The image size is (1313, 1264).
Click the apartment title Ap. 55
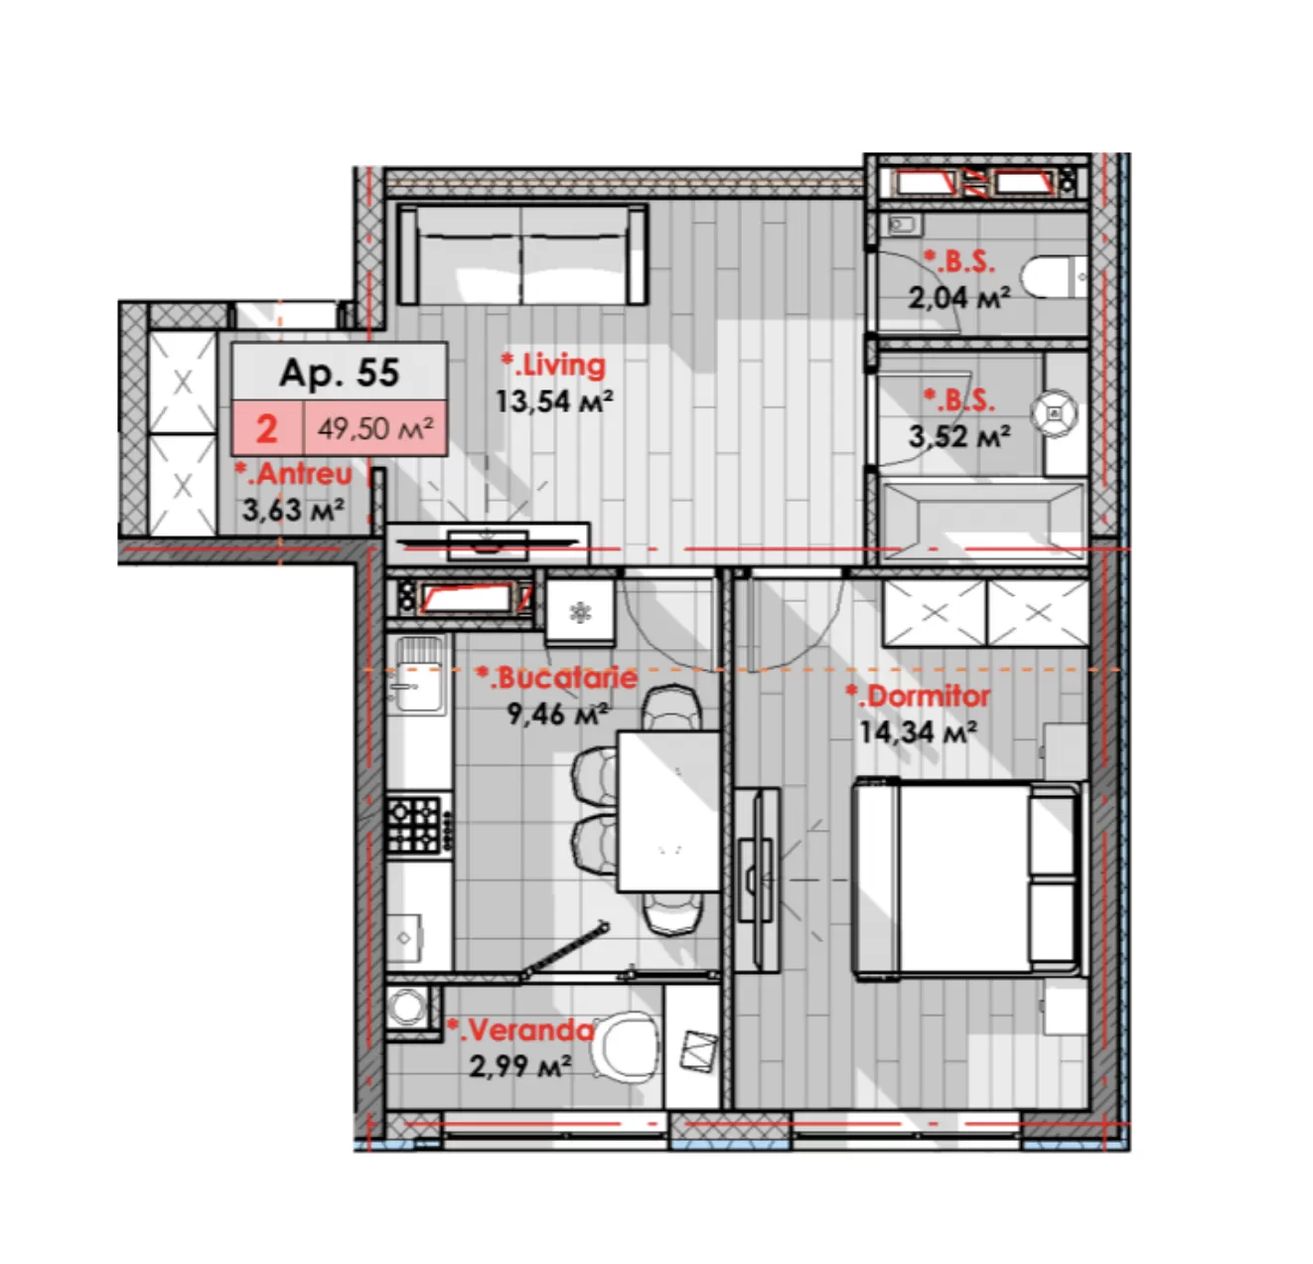click(340, 372)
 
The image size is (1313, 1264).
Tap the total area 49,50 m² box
click(375, 428)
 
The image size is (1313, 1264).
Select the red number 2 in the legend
click(267, 428)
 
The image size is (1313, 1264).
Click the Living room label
click(553, 365)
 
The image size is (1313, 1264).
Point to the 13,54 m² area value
click(554, 401)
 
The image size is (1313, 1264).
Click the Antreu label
click(294, 473)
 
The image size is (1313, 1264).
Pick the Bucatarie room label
click(556, 678)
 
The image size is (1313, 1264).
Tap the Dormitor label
click(918, 697)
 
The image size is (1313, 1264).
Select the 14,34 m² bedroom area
click(919, 731)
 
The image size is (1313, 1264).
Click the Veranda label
click(520, 1030)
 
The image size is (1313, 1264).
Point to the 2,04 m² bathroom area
click(958, 297)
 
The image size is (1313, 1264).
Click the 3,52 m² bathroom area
click(958, 436)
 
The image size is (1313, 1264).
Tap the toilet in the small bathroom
click(1053, 276)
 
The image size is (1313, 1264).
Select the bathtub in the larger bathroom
click(983, 520)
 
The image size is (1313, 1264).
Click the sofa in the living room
click(522, 254)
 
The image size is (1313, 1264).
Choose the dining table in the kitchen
click(668, 811)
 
